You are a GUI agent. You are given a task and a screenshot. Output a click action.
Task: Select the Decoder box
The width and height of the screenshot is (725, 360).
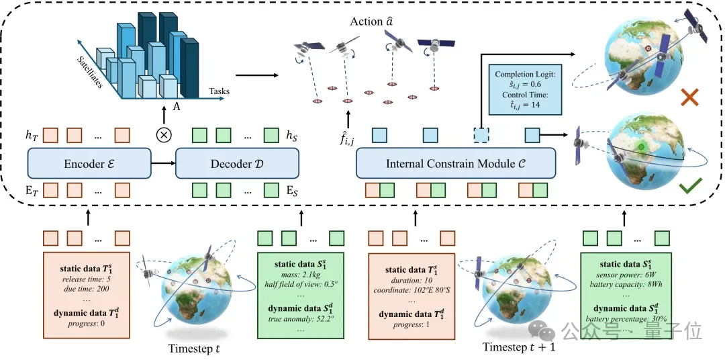click(236, 163)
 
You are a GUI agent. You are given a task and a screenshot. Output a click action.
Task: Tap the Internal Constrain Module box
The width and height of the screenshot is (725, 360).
click(456, 163)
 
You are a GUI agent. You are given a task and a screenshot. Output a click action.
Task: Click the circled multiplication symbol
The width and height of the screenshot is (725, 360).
click(163, 135)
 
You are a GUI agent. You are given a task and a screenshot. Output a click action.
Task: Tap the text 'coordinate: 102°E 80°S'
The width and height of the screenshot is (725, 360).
click(411, 289)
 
